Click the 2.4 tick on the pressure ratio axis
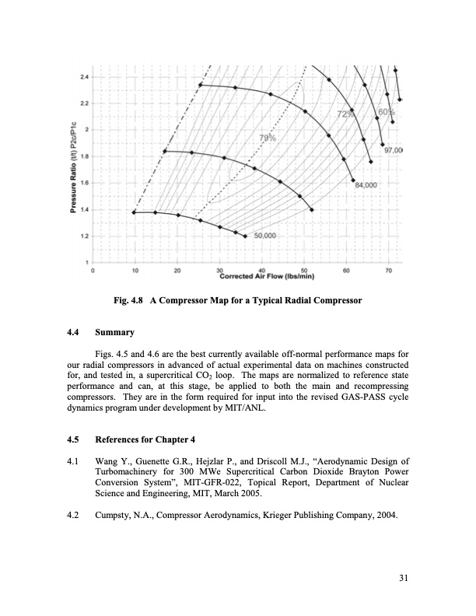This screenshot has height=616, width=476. tap(84, 77)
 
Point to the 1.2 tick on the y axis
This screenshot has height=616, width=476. tap(84, 236)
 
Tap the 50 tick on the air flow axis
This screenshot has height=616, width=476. tap(303, 270)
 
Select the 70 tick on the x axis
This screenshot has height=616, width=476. tap(387, 270)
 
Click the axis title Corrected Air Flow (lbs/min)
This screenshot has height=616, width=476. tap(266, 276)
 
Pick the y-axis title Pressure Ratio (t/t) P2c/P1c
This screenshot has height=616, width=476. tap(72, 171)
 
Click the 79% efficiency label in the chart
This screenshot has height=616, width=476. tap(267, 138)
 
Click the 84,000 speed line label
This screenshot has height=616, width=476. tap(366, 186)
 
